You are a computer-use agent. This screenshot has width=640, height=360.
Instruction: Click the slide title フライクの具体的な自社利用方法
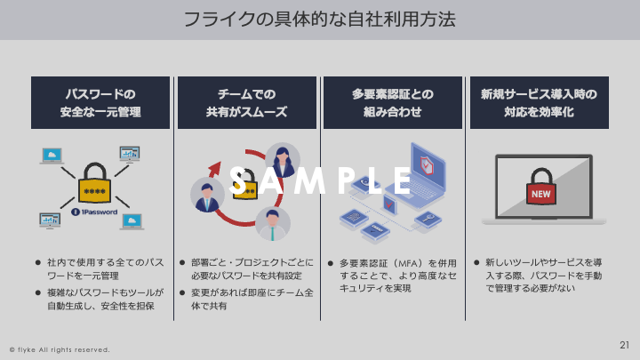(319, 19)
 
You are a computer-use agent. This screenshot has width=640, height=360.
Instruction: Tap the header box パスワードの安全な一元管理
(100, 103)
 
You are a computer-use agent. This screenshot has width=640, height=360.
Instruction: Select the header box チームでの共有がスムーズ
(246, 103)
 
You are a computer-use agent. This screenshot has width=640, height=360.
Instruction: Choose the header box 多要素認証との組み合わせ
(392, 103)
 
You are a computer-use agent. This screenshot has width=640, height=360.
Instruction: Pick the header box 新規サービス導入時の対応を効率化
(539, 103)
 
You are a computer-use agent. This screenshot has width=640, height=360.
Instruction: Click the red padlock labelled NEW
(540, 188)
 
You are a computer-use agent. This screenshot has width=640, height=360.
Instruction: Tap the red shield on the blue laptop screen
(427, 165)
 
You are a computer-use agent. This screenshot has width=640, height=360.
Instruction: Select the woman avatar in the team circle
(283, 161)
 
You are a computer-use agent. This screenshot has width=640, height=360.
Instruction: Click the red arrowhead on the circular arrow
(213, 168)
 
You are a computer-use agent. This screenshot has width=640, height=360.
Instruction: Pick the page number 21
(624, 344)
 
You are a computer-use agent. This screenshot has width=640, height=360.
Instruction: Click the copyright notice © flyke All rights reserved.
(60, 349)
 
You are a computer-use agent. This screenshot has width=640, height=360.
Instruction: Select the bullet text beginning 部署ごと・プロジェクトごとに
(252, 269)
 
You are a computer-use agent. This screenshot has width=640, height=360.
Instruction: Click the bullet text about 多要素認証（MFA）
(397, 276)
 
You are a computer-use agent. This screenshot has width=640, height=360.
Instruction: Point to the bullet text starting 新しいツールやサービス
(543, 276)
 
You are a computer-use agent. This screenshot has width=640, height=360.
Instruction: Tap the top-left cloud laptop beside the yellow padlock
(52, 156)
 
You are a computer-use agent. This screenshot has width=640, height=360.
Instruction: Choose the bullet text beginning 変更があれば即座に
(252, 299)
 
